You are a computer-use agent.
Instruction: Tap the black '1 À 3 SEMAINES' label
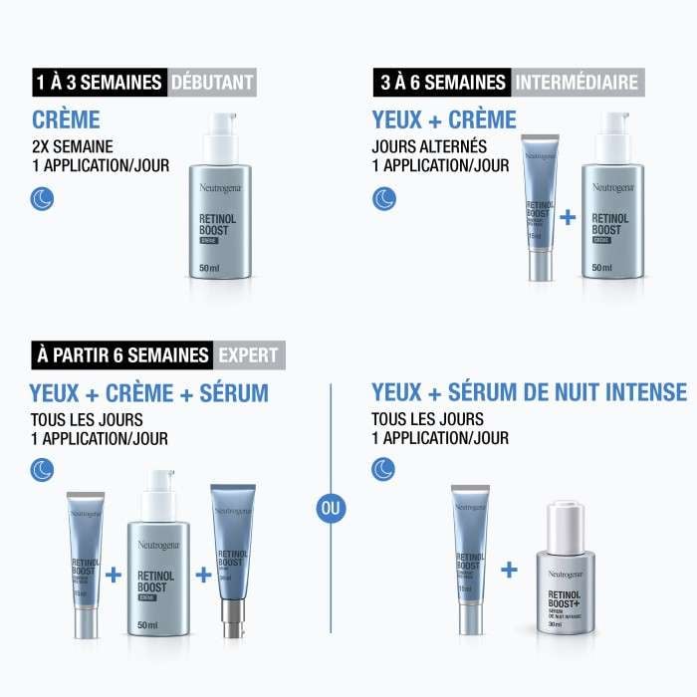tap(97, 82)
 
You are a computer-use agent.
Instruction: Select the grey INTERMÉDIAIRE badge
tap(576, 82)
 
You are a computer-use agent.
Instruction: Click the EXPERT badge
tap(248, 354)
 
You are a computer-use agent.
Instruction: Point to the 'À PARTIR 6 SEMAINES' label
tap(122, 354)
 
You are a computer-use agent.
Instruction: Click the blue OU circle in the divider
tap(331, 508)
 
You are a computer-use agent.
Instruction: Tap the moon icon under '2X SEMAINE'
tap(43, 199)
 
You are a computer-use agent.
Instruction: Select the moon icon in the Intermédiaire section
tap(383, 199)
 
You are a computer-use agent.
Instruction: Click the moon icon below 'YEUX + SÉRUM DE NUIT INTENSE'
tap(383, 471)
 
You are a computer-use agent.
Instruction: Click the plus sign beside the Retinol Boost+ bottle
tap(509, 570)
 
